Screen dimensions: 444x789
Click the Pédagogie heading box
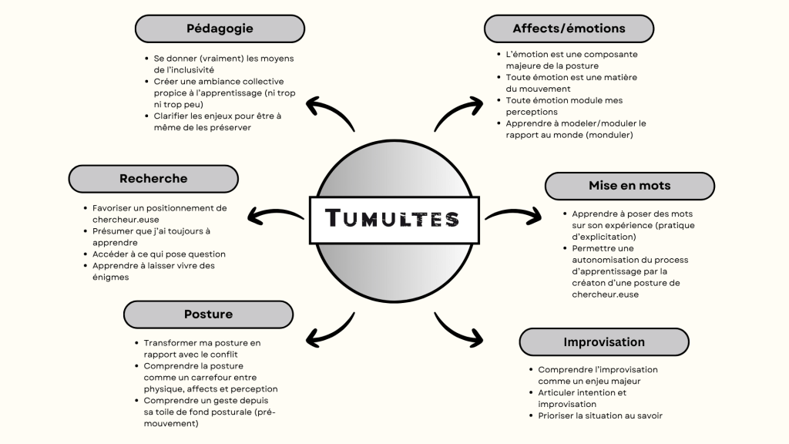point(220,29)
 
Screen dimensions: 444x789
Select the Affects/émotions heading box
point(569,29)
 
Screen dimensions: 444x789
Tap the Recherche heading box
point(153,179)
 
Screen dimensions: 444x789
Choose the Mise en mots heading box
point(630,186)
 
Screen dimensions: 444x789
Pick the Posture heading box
point(208,314)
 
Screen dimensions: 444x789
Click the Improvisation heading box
point(604,341)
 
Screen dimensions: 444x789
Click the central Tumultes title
point(394,219)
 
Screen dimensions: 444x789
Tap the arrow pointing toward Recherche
point(275,217)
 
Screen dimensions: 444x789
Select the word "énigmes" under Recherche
point(111,277)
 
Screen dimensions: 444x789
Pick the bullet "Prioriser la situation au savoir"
point(599,416)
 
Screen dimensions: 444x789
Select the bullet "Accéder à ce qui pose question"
point(159,254)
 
